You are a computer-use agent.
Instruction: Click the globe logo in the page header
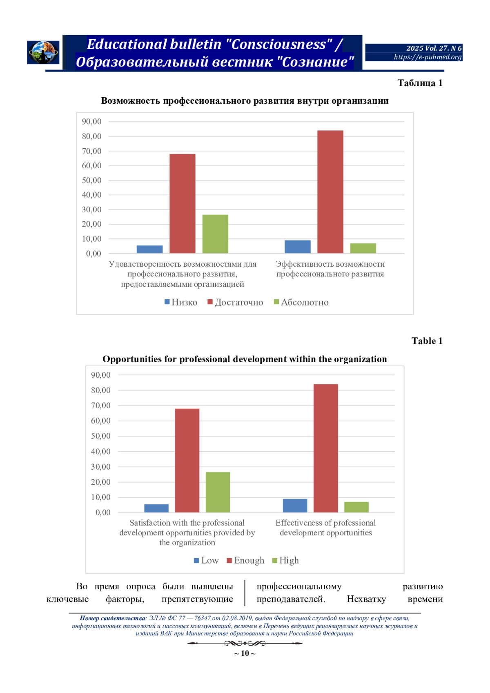click(x=43, y=52)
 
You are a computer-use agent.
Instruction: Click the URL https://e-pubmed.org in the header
click(x=428, y=57)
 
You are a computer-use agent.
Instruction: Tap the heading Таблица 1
click(x=420, y=83)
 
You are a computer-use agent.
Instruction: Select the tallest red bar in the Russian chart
click(x=330, y=192)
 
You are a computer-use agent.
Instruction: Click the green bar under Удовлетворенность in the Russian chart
click(x=215, y=234)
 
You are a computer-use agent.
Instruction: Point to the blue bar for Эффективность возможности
click(x=298, y=247)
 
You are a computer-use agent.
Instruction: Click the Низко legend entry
click(x=181, y=302)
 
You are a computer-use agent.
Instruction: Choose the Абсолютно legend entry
click(x=301, y=302)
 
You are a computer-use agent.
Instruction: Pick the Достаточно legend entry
click(x=236, y=302)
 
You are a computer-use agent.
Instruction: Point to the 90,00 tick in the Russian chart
click(x=91, y=122)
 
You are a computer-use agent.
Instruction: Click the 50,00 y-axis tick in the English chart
click(x=100, y=436)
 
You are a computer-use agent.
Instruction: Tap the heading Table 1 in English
click(x=427, y=341)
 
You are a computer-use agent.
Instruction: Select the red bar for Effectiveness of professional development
click(x=326, y=448)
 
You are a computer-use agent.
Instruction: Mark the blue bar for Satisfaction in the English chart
click(x=156, y=508)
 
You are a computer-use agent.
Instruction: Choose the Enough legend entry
click(x=246, y=560)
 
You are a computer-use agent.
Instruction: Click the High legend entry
click(x=285, y=560)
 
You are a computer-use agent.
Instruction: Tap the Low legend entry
click(x=206, y=560)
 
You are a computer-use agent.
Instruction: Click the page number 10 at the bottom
click(x=245, y=653)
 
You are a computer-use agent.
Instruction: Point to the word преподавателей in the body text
click(x=291, y=599)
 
